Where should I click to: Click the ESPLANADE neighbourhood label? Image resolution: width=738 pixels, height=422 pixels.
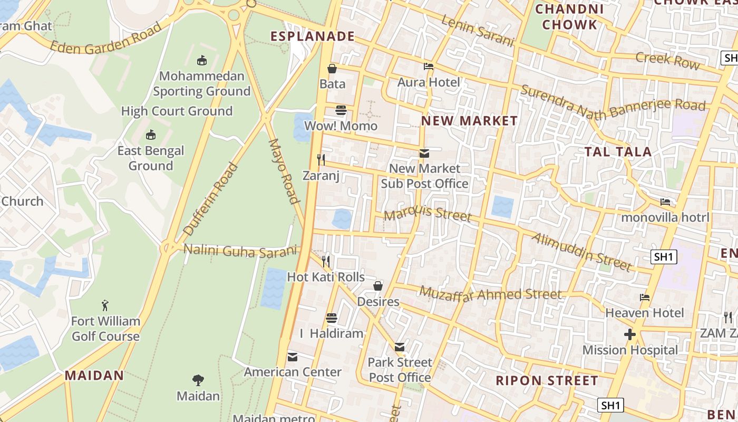pos(312,36)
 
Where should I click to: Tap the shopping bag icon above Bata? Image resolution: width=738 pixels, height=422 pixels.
pos(332,69)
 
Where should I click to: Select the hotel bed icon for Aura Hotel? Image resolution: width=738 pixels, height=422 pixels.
pos(429,67)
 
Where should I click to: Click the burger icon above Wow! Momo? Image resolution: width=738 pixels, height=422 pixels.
pos(341,110)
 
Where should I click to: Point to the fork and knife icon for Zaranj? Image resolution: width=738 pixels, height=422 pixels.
pos(321,159)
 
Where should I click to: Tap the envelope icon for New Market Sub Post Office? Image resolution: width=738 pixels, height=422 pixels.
pos(424,154)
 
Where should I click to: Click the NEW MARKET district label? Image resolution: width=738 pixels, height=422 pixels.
pos(469,121)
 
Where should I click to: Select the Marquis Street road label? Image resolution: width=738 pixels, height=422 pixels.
pos(428,213)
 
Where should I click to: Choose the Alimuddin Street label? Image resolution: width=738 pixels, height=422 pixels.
pos(581,251)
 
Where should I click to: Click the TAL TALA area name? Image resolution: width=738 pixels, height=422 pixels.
pos(618,152)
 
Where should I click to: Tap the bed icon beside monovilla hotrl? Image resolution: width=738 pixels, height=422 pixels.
pos(665,202)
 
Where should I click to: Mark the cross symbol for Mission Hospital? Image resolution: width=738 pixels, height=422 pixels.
pos(629,334)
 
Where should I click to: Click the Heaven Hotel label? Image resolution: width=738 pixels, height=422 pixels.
pos(644,313)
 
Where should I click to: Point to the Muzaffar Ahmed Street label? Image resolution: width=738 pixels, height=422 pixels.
pos(490,294)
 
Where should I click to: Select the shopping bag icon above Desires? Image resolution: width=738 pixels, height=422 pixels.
pos(378,286)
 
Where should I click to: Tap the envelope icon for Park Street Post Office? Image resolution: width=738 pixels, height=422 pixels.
pos(400,347)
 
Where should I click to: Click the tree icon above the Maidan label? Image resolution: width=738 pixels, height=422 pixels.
pos(198,380)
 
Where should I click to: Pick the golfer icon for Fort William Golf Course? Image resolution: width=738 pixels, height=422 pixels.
pos(105,305)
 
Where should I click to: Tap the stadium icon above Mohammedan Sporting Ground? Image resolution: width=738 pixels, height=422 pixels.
pos(201,61)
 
